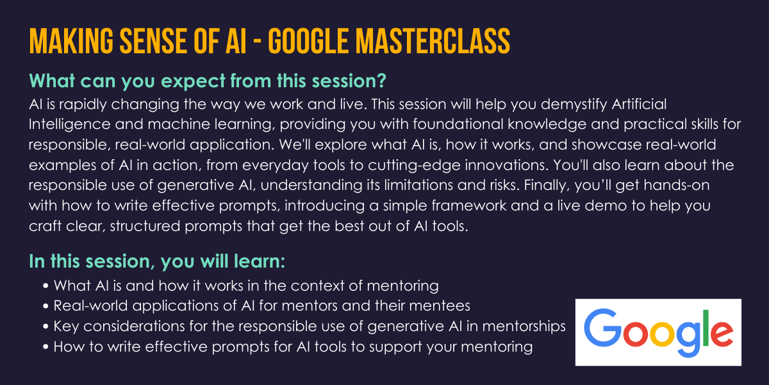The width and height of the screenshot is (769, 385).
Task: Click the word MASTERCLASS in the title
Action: point(433,41)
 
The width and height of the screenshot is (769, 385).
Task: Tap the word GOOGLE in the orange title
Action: point(308,41)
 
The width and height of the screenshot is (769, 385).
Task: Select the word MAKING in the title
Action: point(71,41)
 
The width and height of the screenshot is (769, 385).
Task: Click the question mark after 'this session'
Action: point(381,81)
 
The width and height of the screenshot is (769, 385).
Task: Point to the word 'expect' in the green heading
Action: point(194,82)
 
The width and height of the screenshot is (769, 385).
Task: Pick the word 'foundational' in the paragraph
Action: point(458,124)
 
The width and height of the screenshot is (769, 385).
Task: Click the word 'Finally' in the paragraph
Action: point(547,185)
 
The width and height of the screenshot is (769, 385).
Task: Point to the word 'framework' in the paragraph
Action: point(468,205)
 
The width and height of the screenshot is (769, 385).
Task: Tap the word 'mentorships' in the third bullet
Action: point(524,327)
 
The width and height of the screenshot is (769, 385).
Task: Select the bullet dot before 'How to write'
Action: point(45,346)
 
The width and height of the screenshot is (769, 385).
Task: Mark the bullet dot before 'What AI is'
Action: point(45,286)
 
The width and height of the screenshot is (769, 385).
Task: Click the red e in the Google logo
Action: point(722,334)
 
